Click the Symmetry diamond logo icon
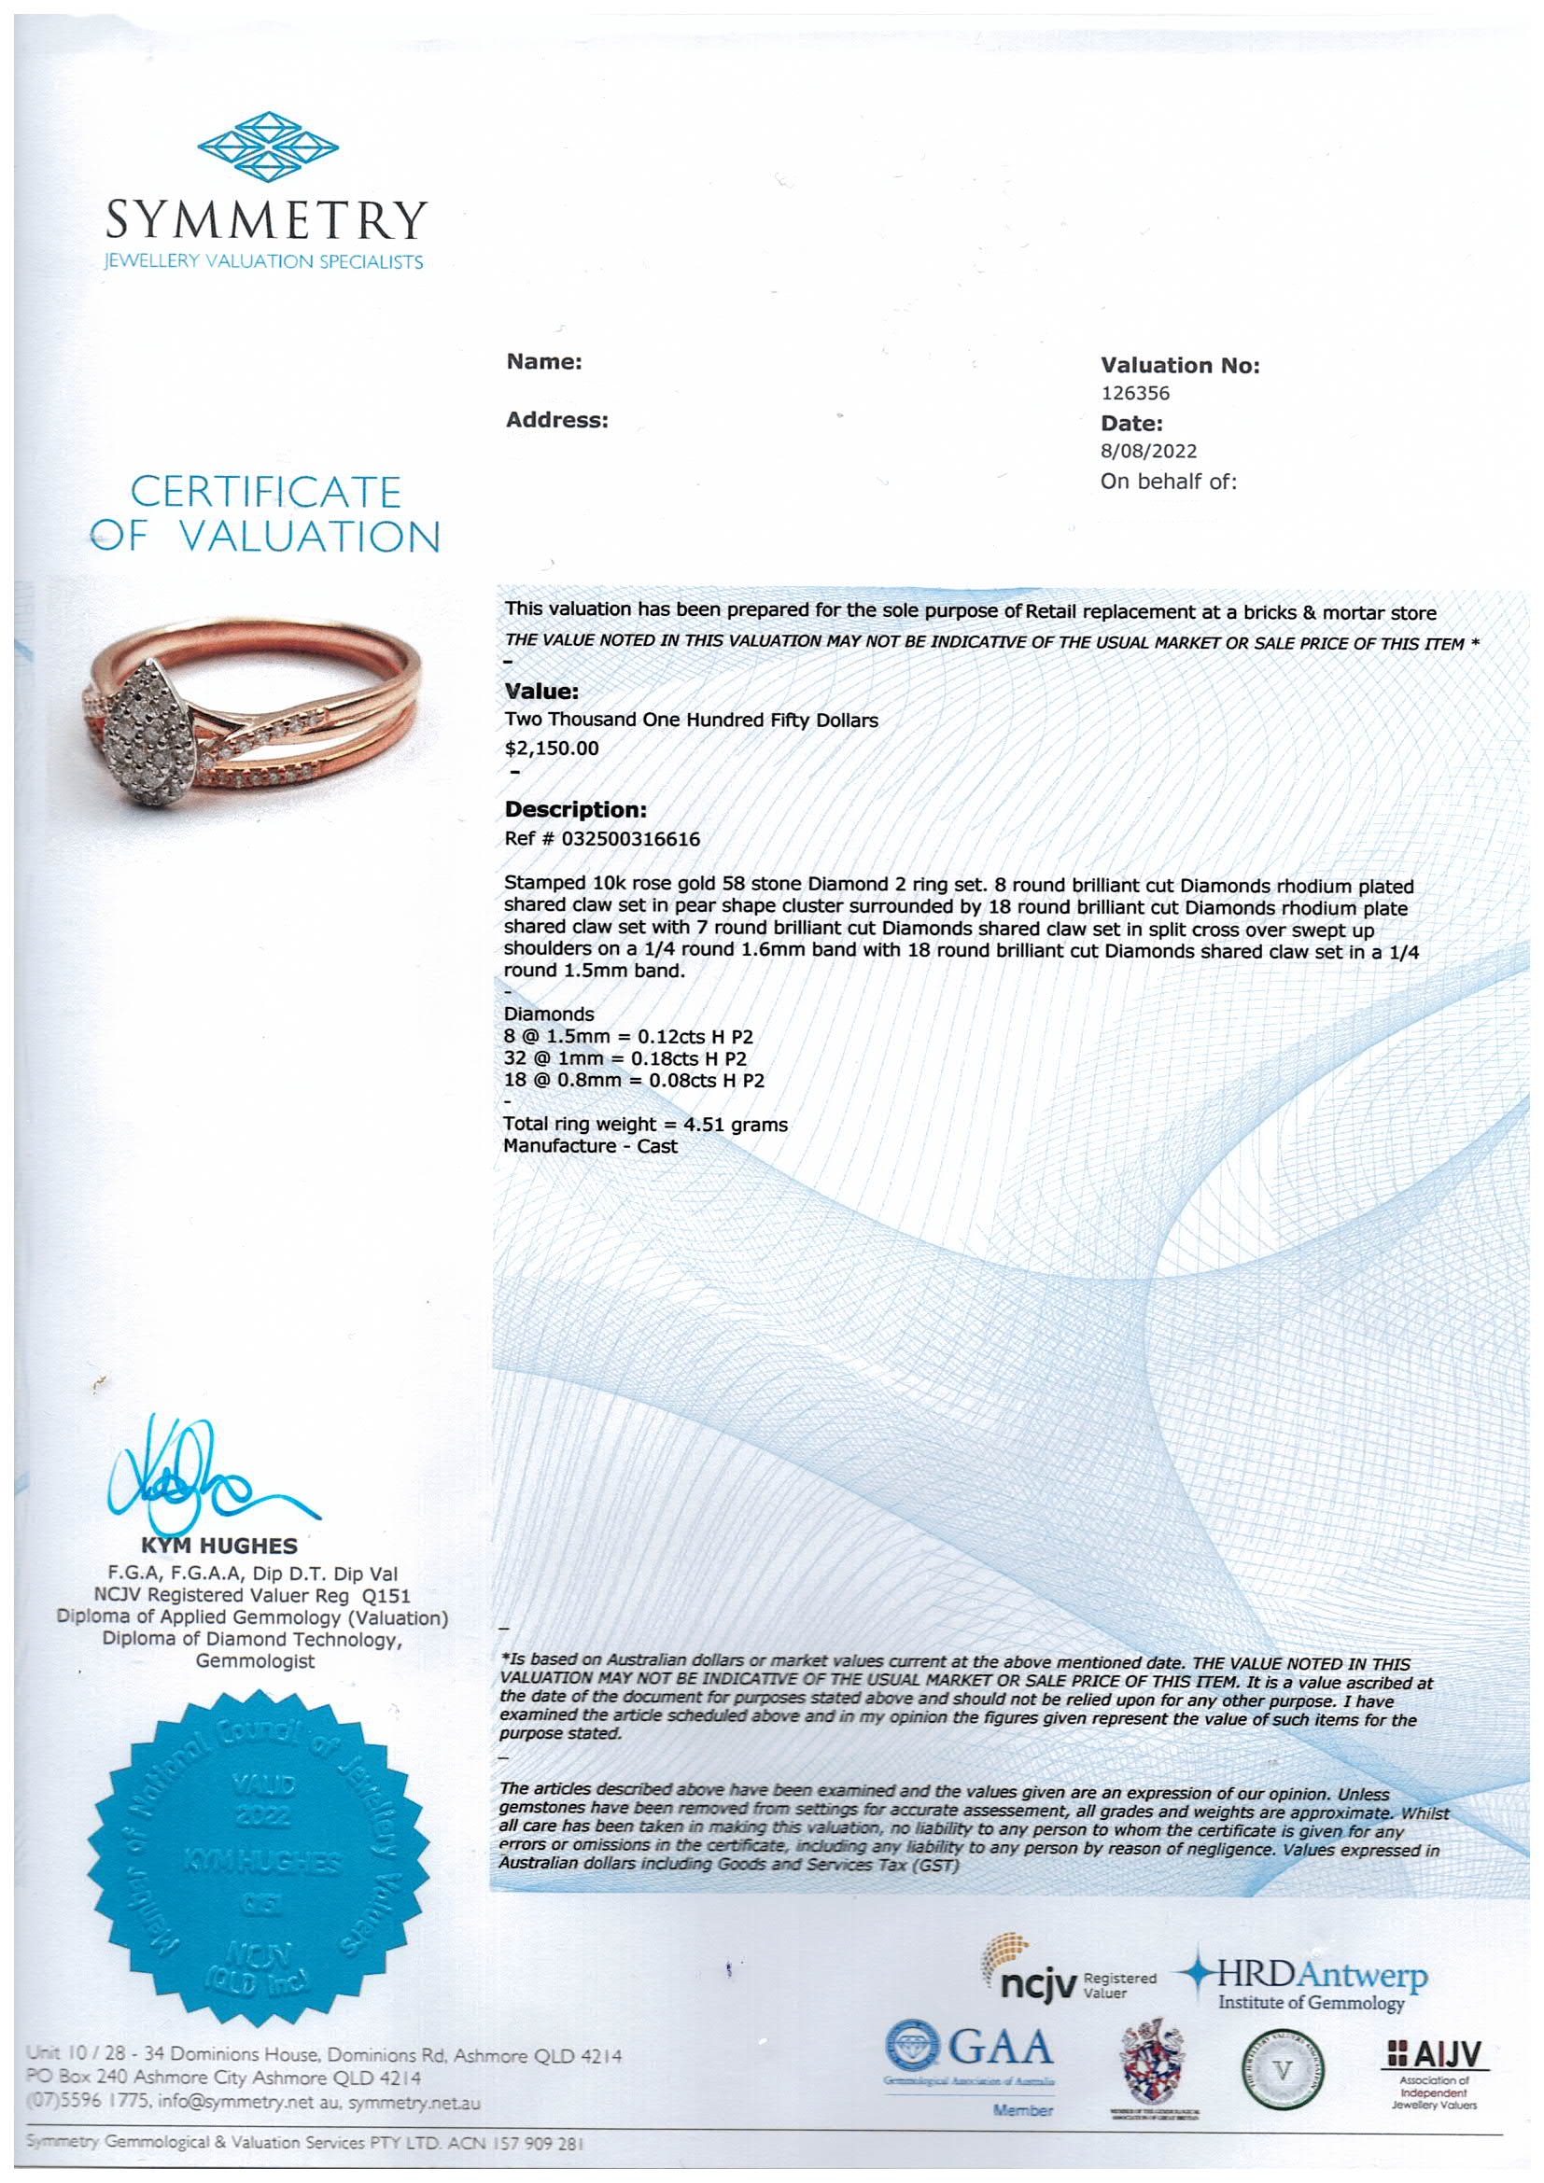point(267,150)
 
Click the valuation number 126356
point(1134,393)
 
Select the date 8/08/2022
point(1148,452)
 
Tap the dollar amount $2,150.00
point(552,749)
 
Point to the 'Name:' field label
point(544,362)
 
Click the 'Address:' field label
point(556,420)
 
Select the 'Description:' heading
point(575,810)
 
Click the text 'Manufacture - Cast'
point(589,1146)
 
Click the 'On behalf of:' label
point(1169,481)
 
